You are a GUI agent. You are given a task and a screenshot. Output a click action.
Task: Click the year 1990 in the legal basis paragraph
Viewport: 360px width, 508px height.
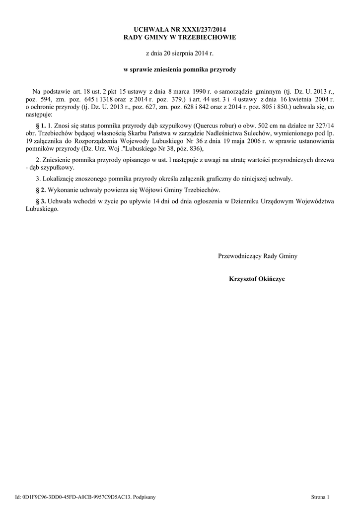point(199,91)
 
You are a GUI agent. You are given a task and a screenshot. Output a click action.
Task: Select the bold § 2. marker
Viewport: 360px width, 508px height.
point(41,190)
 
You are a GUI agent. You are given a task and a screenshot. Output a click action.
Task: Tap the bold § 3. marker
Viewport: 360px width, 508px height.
point(41,201)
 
